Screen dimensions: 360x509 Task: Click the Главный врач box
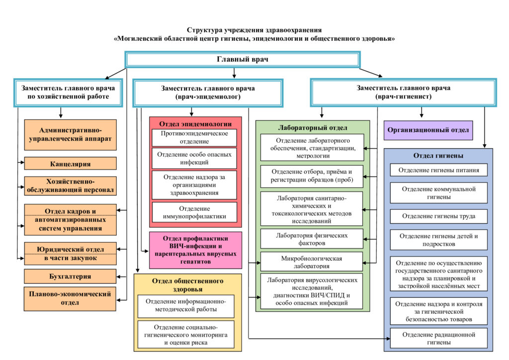(242, 59)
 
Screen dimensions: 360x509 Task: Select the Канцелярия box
(70, 163)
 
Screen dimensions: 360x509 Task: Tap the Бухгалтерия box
(70, 275)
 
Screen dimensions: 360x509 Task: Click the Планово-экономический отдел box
(70, 298)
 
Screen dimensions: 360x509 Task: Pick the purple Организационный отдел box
(428, 130)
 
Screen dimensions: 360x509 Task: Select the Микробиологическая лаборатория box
(312, 262)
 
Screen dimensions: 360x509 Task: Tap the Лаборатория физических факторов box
(312, 239)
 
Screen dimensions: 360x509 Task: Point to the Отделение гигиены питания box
(438, 170)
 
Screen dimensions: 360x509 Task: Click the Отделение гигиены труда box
(438, 216)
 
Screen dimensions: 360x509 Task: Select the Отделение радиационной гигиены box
(438, 338)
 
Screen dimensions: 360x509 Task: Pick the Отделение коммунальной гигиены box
(438, 193)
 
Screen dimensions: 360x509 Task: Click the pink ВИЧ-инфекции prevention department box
(195, 250)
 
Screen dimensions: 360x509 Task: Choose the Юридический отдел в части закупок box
(70, 253)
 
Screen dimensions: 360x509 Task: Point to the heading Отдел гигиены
(438, 156)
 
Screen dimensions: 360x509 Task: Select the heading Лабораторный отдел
(312, 127)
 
